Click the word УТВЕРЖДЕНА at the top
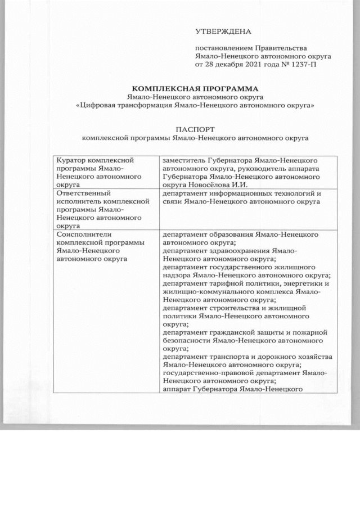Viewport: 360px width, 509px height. pyautogui.click(x=223, y=30)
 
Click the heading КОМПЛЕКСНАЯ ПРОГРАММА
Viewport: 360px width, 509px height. pyautogui.click(x=195, y=88)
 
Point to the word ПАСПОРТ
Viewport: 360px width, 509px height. pyautogui.click(x=195, y=128)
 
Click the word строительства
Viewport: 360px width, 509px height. pyautogui.click(x=230, y=308)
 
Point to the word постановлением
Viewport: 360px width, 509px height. pyautogui.click(x=223, y=48)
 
